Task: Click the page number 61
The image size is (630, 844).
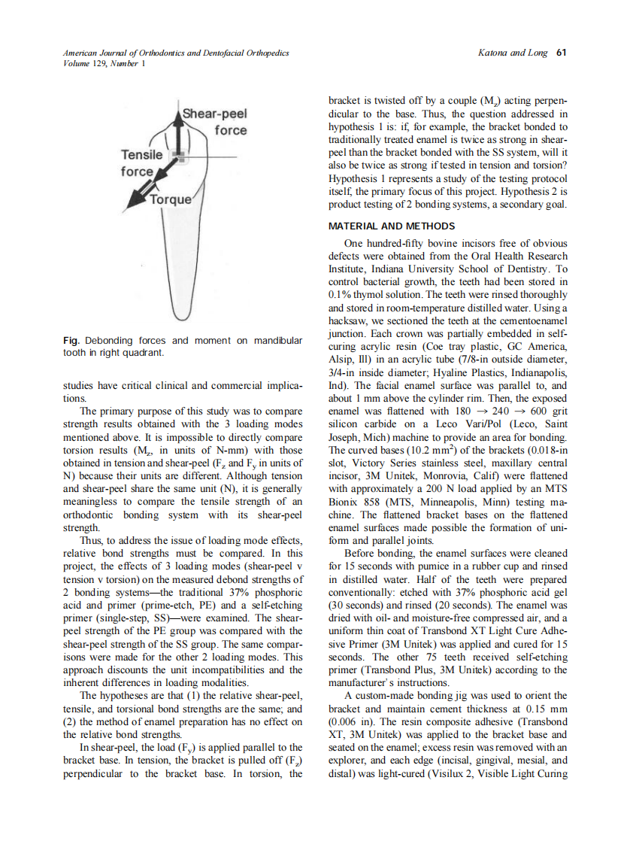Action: [561, 53]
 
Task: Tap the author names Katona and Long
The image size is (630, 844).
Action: [513, 53]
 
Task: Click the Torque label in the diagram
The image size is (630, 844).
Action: [171, 200]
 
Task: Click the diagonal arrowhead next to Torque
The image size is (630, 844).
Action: [135, 199]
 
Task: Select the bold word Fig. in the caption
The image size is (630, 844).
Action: [72, 341]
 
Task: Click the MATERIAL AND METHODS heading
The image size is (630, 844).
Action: [392, 226]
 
